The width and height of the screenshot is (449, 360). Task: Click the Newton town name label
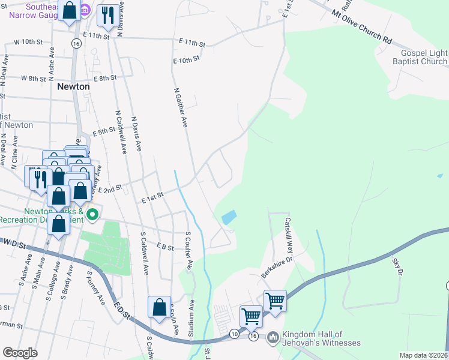73,86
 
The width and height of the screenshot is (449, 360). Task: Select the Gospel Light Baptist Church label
420,58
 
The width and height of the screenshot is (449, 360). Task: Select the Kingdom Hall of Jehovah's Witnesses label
322,338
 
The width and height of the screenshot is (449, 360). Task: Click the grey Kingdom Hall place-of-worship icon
273,338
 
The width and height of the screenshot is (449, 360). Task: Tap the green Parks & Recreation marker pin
92,214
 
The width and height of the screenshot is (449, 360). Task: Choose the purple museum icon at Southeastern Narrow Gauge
85,11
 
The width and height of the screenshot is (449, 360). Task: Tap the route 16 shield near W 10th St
76,44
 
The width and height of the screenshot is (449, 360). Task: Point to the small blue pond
228,217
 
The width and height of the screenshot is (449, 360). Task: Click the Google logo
20,353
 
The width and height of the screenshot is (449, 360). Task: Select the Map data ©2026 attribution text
423,355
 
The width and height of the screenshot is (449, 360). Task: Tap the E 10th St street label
185,61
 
